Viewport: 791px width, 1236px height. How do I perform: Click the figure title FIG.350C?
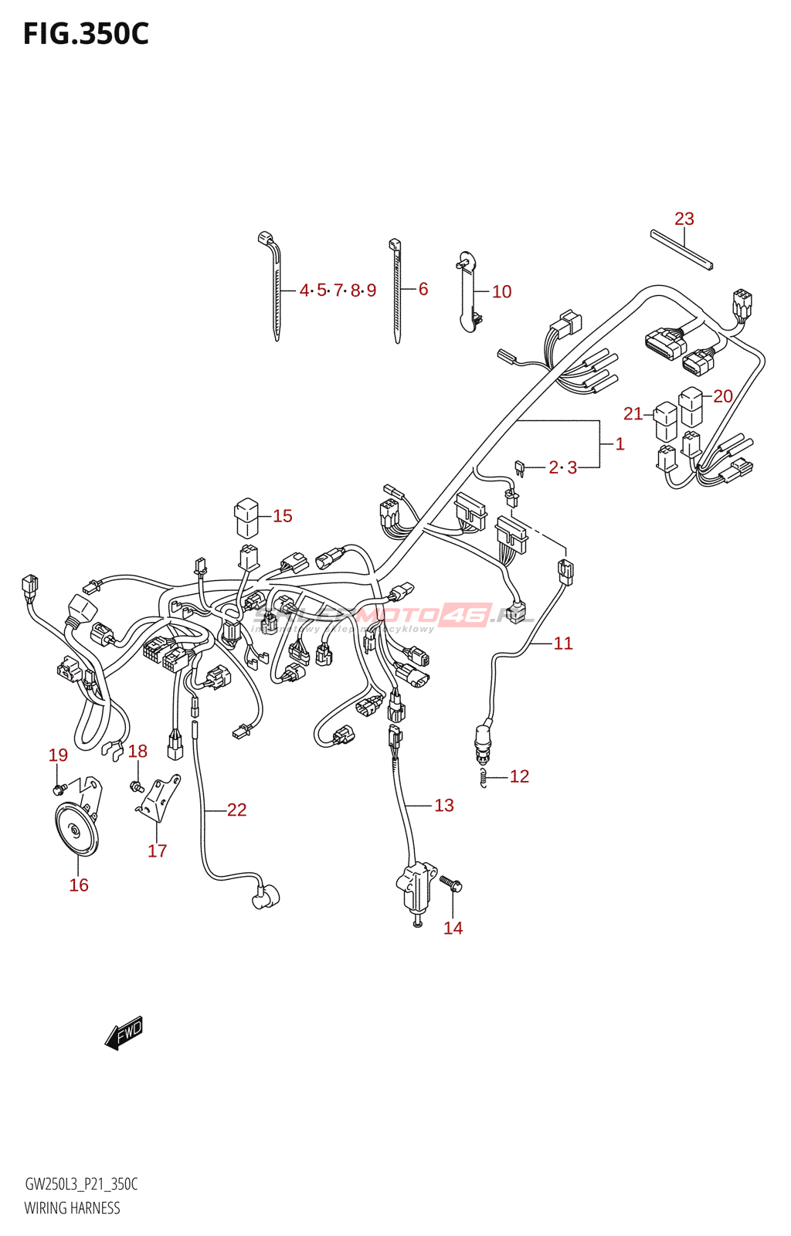(x=86, y=35)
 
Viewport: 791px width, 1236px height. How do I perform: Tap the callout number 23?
(x=684, y=219)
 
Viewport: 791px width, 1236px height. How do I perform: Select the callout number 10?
(x=501, y=292)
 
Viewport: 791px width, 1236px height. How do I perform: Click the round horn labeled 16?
(x=76, y=830)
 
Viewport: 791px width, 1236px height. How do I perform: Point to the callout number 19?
(x=58, y=756)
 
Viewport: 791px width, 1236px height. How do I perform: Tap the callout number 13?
(x=444, y=806)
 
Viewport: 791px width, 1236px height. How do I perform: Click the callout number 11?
(x=563, y=643)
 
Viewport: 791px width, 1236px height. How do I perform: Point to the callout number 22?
(x=236, y=810)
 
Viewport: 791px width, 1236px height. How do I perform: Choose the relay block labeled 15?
(x=246, y=518)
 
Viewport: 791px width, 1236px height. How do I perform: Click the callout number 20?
(x=722, y=396)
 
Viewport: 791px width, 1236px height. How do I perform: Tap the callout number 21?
(x=633, y=414)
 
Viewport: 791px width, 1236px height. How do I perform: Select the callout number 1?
(x=620, y=444)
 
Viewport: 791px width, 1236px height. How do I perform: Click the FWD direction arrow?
(x=124, y=1033)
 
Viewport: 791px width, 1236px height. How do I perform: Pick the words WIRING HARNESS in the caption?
(x=72, y=1208)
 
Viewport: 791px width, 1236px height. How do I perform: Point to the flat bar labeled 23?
(x=681, y=250)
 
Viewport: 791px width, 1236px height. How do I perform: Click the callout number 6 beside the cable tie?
(x=423, y=290)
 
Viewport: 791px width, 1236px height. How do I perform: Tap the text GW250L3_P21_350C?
(x=81, y=1184)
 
